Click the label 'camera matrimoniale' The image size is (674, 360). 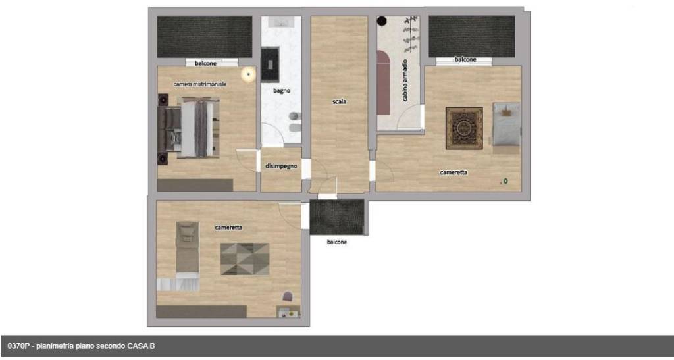[x=200, y=84]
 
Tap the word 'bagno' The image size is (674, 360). [x=282, y=90]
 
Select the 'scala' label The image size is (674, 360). [x=339, y=101]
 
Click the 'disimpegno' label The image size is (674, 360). [x=281, y=166]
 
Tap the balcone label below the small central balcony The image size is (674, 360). [x=336, y=242]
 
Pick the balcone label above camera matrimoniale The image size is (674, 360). [x=205, y=63]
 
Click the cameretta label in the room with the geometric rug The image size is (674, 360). [x=228, y=228]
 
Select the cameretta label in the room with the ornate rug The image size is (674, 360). [x=454, y=172]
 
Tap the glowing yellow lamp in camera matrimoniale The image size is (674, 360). [x=248, y=75]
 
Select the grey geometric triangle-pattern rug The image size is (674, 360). [x=244, y=259]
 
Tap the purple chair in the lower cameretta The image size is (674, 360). [x=287, y=297]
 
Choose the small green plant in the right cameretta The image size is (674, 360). [x=505, y=181]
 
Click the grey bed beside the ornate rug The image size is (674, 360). [x=506, y=125]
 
